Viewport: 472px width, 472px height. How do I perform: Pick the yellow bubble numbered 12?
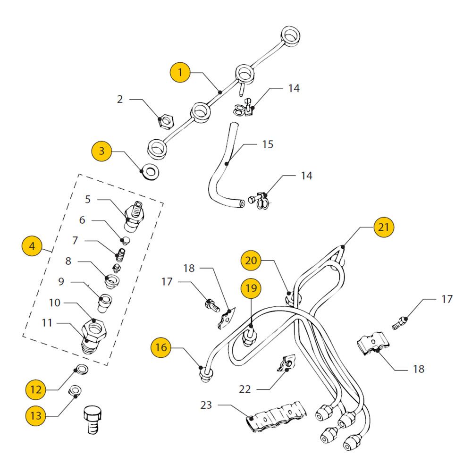36,389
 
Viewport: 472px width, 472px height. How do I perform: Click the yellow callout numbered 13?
36,416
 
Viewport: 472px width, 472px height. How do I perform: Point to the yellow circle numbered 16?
161,348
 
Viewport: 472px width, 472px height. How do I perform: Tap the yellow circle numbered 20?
251,260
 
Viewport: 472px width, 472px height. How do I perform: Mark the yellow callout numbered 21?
383,227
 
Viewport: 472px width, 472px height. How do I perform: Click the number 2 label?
120,99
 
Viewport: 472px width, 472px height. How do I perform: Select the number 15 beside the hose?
268,144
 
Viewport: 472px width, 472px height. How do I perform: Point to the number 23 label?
206,405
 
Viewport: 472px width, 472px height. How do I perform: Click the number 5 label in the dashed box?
88,199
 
